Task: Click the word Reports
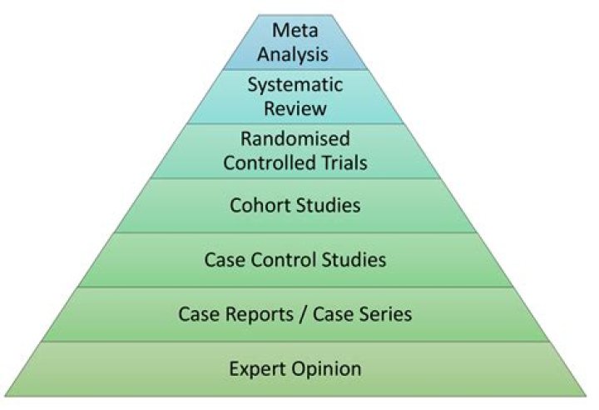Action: coord(253,314)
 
